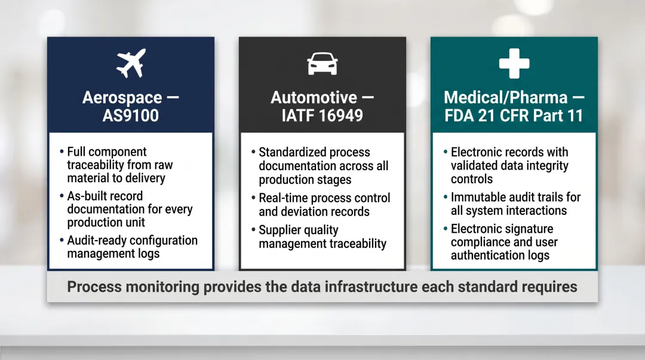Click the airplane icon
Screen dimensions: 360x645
(x=131, y=63)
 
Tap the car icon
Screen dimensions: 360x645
(x=322, y=63)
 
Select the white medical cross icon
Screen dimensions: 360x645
(x=514, y=63)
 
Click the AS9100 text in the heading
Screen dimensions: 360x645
(x=131, y=115)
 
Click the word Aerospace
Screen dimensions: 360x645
(x=122, y=98)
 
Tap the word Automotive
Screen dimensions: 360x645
(x=314, y=98)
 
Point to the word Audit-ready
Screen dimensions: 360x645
(x=102, y=240)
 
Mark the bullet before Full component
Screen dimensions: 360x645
(x=62, y=152)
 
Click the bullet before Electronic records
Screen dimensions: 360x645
(x=446, y=152)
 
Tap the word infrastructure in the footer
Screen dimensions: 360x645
(x=370, y=287)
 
